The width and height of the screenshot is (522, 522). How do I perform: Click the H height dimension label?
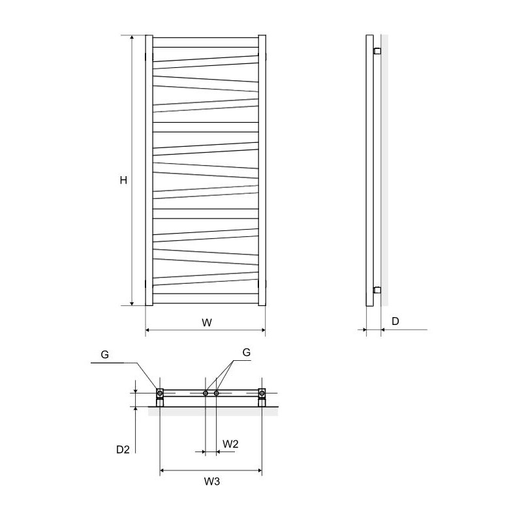pyautogui.click(x=123, y=181)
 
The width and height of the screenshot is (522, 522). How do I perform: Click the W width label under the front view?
pyautogui.click(x=207, y=322)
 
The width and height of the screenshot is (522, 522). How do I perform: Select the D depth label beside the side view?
pyautogui.click(x=395, y=321)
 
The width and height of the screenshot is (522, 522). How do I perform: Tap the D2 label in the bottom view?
pyautogui.click(x=123, y=450)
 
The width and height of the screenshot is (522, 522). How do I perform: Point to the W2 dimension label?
pyautogui.click(x=230, y=444)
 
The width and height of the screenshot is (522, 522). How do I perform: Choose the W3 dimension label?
pyautogui.click(x=212, y=482)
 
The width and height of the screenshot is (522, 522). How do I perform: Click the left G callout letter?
pyautogui.click(x=105, y=355)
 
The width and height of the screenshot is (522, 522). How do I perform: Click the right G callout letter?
pyautogui.click(x=247, y=352)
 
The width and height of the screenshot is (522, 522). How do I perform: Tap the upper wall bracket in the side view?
pyautogui.click(x=377, y=52)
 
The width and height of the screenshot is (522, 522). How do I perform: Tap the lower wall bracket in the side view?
pyautogui.click(x=377, y=290)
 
